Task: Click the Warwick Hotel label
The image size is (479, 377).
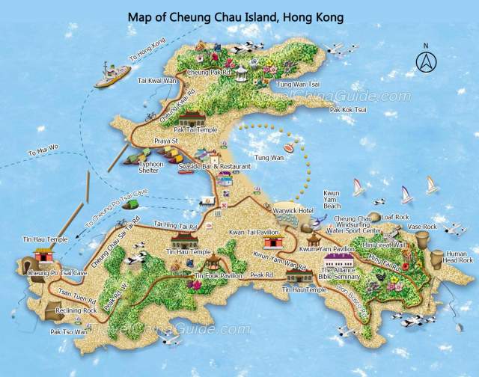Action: click(x=293, y=211)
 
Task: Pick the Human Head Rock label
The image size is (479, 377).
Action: click(x=457, y=256)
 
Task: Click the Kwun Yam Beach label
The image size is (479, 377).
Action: click(x=332, y=198)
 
